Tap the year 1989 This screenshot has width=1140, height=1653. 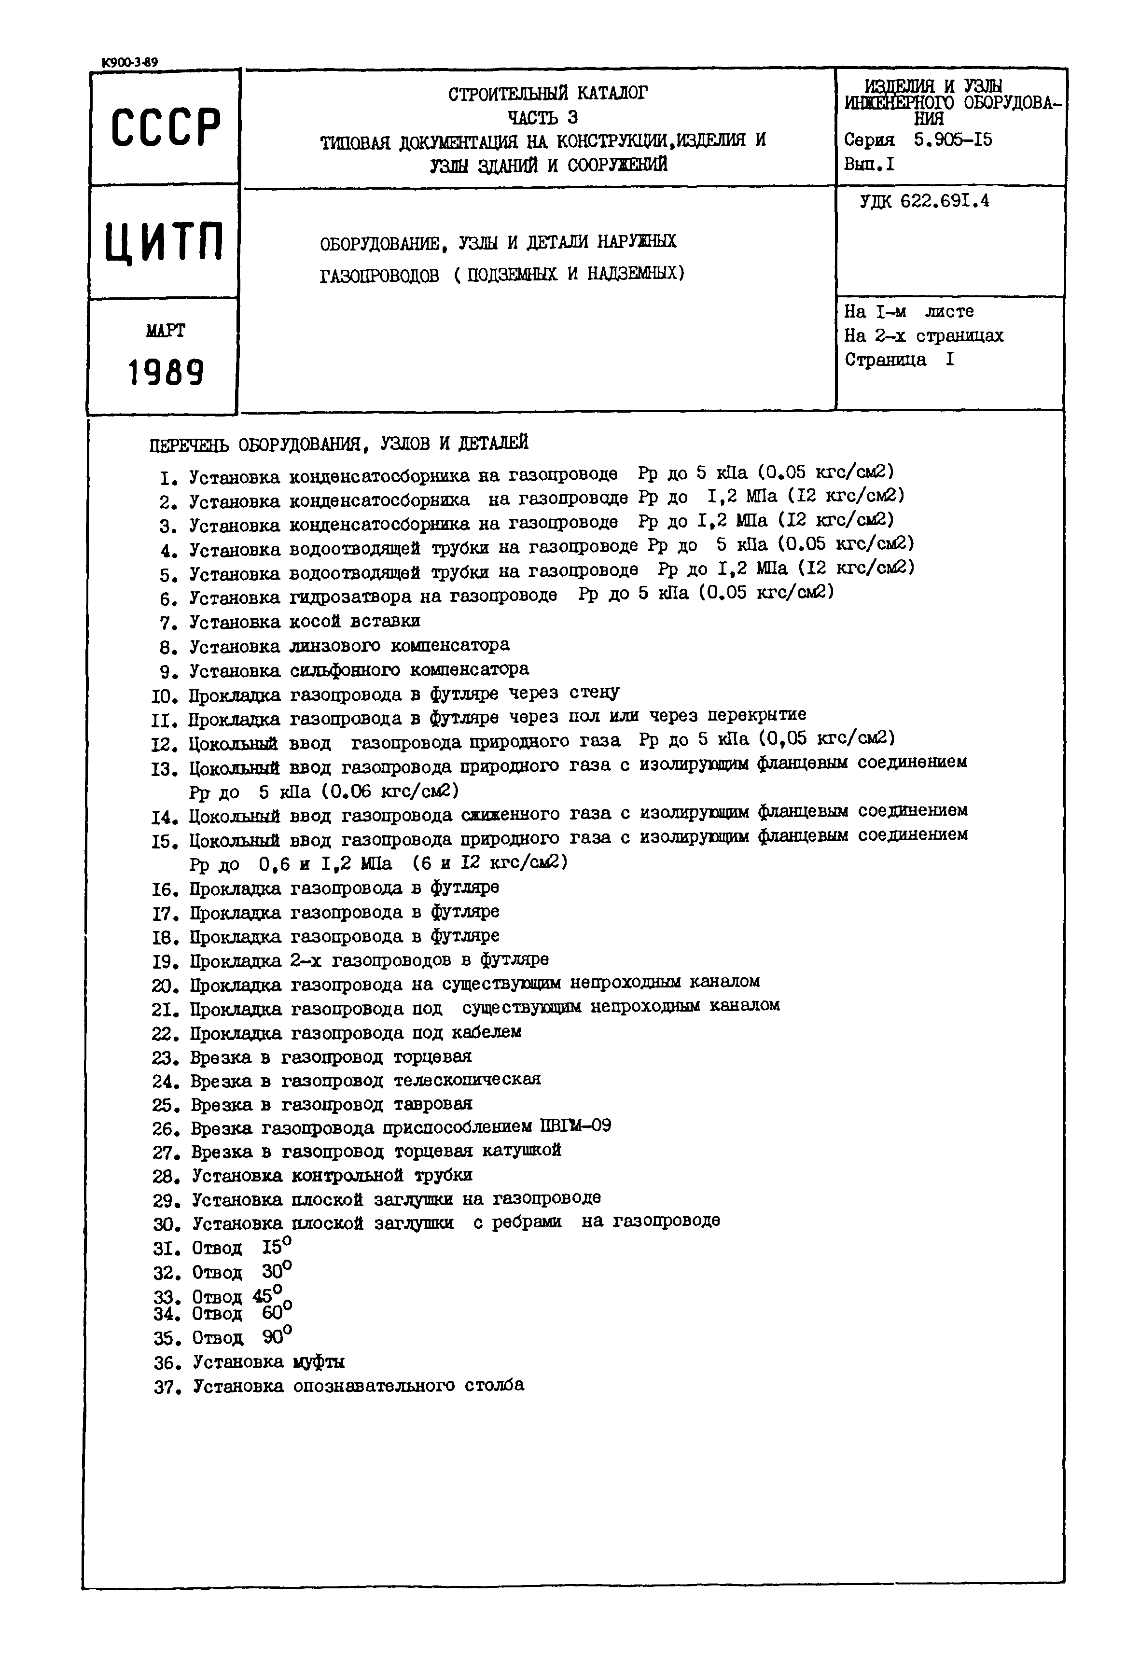tap(166, 372)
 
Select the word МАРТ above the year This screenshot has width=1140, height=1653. tap(165, 331)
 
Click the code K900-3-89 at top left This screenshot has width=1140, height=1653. tap(129, 62)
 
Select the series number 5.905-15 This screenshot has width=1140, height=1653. tap(953, 139)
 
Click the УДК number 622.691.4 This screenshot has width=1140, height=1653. tap(944, 201)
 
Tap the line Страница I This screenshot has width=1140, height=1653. tap(899, 360)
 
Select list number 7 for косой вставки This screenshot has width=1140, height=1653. tap(168, 622)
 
